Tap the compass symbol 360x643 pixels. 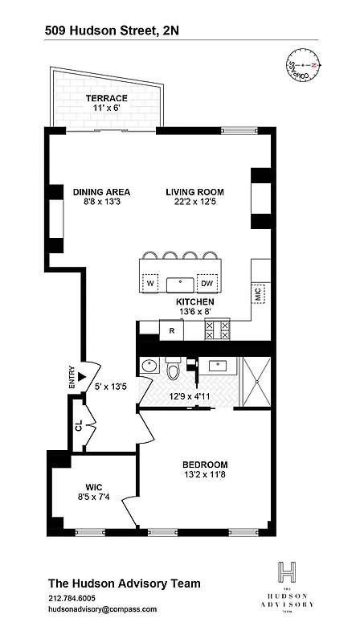coord(302,66)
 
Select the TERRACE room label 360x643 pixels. coord(107,98)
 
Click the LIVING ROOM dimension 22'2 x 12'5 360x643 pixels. coord(194,203)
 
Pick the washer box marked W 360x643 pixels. coord(150,283)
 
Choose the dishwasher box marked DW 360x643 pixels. coord(207,283)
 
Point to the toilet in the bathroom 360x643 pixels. coord(172,369)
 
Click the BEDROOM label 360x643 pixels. coord(205,465)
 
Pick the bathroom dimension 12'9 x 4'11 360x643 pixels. coord(190,395)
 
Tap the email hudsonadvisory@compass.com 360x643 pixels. coord(103,609)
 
